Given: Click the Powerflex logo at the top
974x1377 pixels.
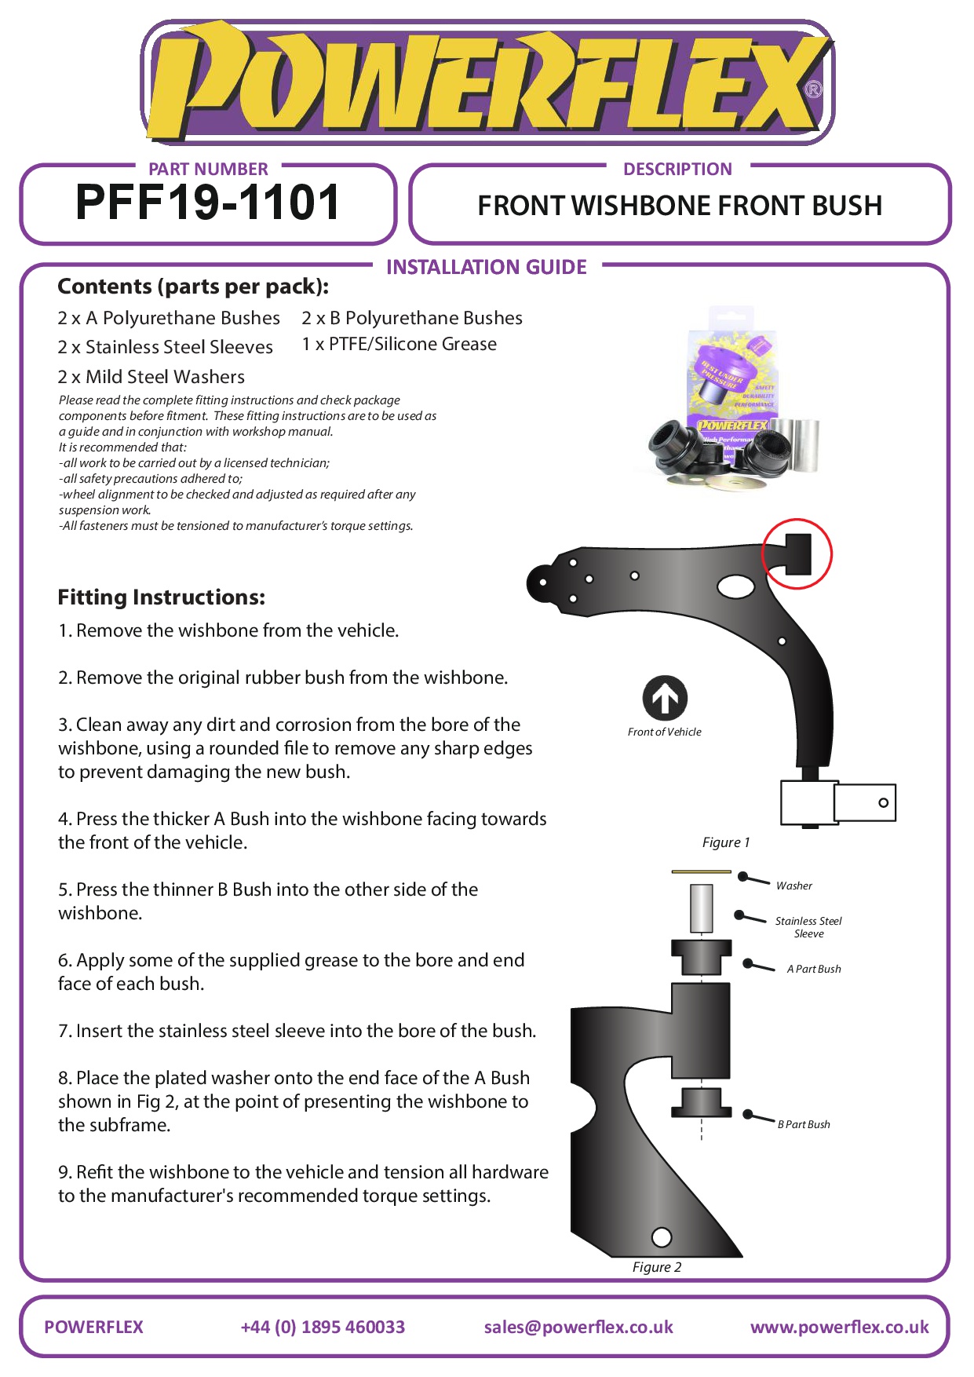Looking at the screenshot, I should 487,82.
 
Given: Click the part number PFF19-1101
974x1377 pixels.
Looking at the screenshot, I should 207,203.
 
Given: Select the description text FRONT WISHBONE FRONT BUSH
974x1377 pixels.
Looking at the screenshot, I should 680,206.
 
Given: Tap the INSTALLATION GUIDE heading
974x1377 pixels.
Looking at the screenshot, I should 486,267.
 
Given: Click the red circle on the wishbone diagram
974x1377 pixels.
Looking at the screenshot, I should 797,553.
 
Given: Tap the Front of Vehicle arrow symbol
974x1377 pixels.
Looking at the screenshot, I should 665,698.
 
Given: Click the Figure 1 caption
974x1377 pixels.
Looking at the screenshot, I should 726,842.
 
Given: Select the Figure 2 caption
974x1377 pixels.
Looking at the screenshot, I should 657,1267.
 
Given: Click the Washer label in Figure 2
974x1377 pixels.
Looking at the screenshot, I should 793,886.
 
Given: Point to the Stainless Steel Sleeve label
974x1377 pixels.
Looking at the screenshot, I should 808,927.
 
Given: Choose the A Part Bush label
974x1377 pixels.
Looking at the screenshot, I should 814,969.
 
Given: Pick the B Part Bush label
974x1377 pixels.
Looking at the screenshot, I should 804,1124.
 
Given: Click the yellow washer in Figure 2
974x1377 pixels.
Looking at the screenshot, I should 701,871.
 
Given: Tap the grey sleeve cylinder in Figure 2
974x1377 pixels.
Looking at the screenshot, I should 701,908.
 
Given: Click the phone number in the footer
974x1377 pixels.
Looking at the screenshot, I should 323,1327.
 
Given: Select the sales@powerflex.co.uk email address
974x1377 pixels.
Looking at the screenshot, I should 578,1327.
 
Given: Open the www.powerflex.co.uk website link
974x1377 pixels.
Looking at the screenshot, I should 839,1327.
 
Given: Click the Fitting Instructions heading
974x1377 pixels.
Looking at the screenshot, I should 162,597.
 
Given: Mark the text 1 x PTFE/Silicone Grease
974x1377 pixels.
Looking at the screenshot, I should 399,344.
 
